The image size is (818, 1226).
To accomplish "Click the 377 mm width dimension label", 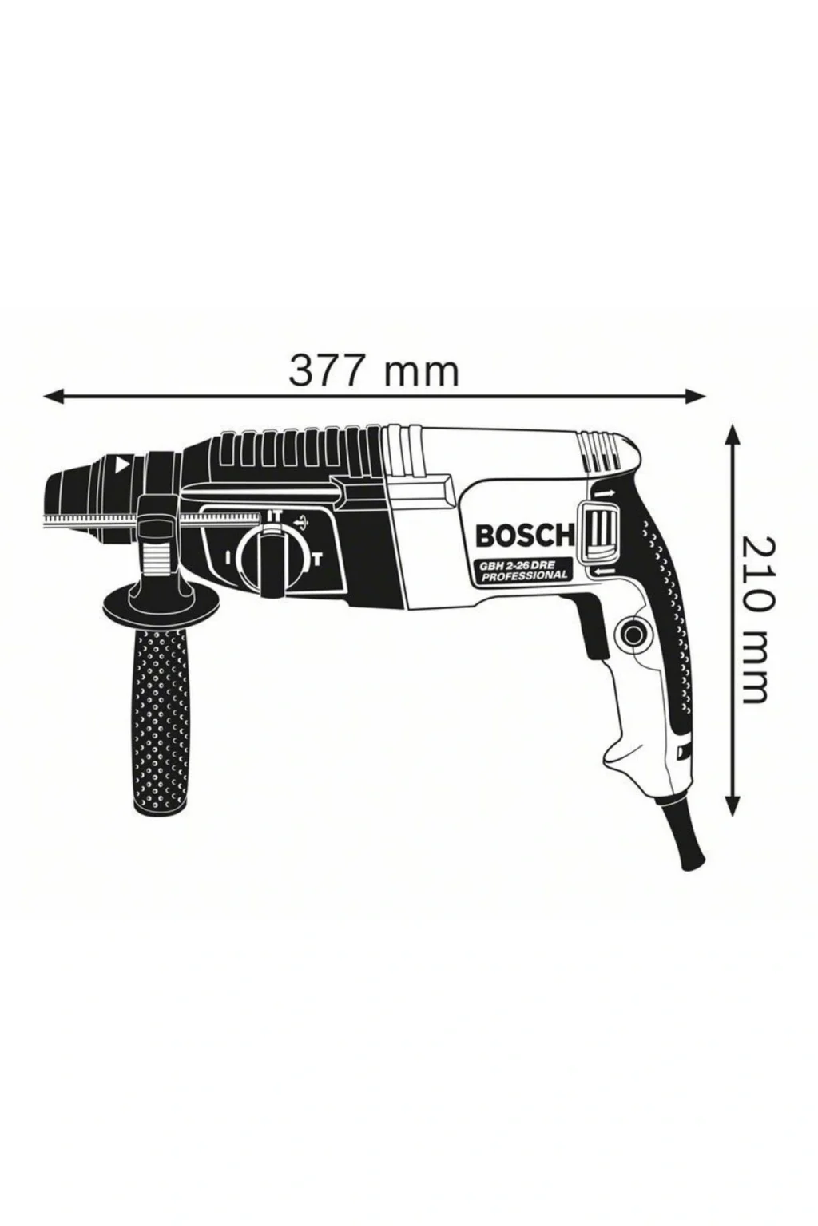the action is (x=374, y=370).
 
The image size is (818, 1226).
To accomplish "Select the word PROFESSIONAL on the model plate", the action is (x=525, y=576).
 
